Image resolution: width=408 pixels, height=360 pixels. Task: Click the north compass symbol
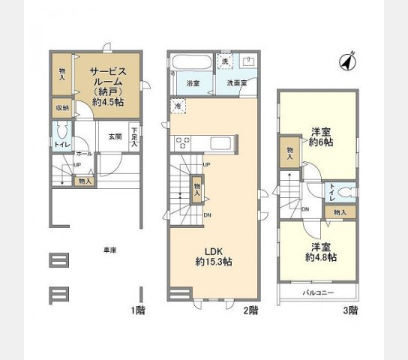tap(348, 61)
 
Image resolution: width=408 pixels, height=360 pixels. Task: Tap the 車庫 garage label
tap(109, 250)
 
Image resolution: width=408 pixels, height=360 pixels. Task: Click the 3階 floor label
tap(352, 310)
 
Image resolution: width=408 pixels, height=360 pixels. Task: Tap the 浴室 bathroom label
tap(192, 83)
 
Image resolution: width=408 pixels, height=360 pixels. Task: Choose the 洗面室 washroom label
tap(235, 83)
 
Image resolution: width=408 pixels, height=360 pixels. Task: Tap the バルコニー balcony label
tap(318, 292)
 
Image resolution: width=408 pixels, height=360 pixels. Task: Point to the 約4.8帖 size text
tap(320, 257)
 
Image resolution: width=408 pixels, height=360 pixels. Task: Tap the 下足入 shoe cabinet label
tap(133, 136)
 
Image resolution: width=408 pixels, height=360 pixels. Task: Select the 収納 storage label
tap(61, 107)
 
